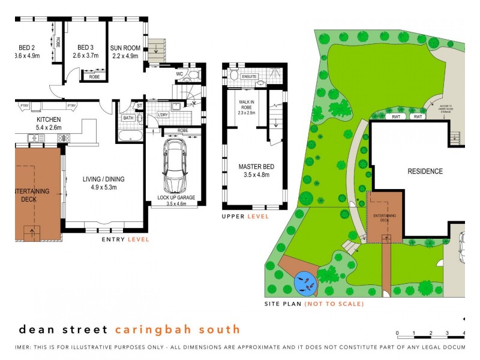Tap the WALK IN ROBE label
coord(247,105)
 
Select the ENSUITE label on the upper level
coord(250,77)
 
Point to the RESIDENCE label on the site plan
coord(425,172)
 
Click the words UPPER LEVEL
coord(246,216)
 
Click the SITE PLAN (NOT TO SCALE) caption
coord(314,304)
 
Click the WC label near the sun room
coord(179,74)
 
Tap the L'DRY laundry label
coord(162,115)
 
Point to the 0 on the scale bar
coord(397,338)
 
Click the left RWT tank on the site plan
coord(397,116)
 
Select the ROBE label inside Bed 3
coord(95,77)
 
